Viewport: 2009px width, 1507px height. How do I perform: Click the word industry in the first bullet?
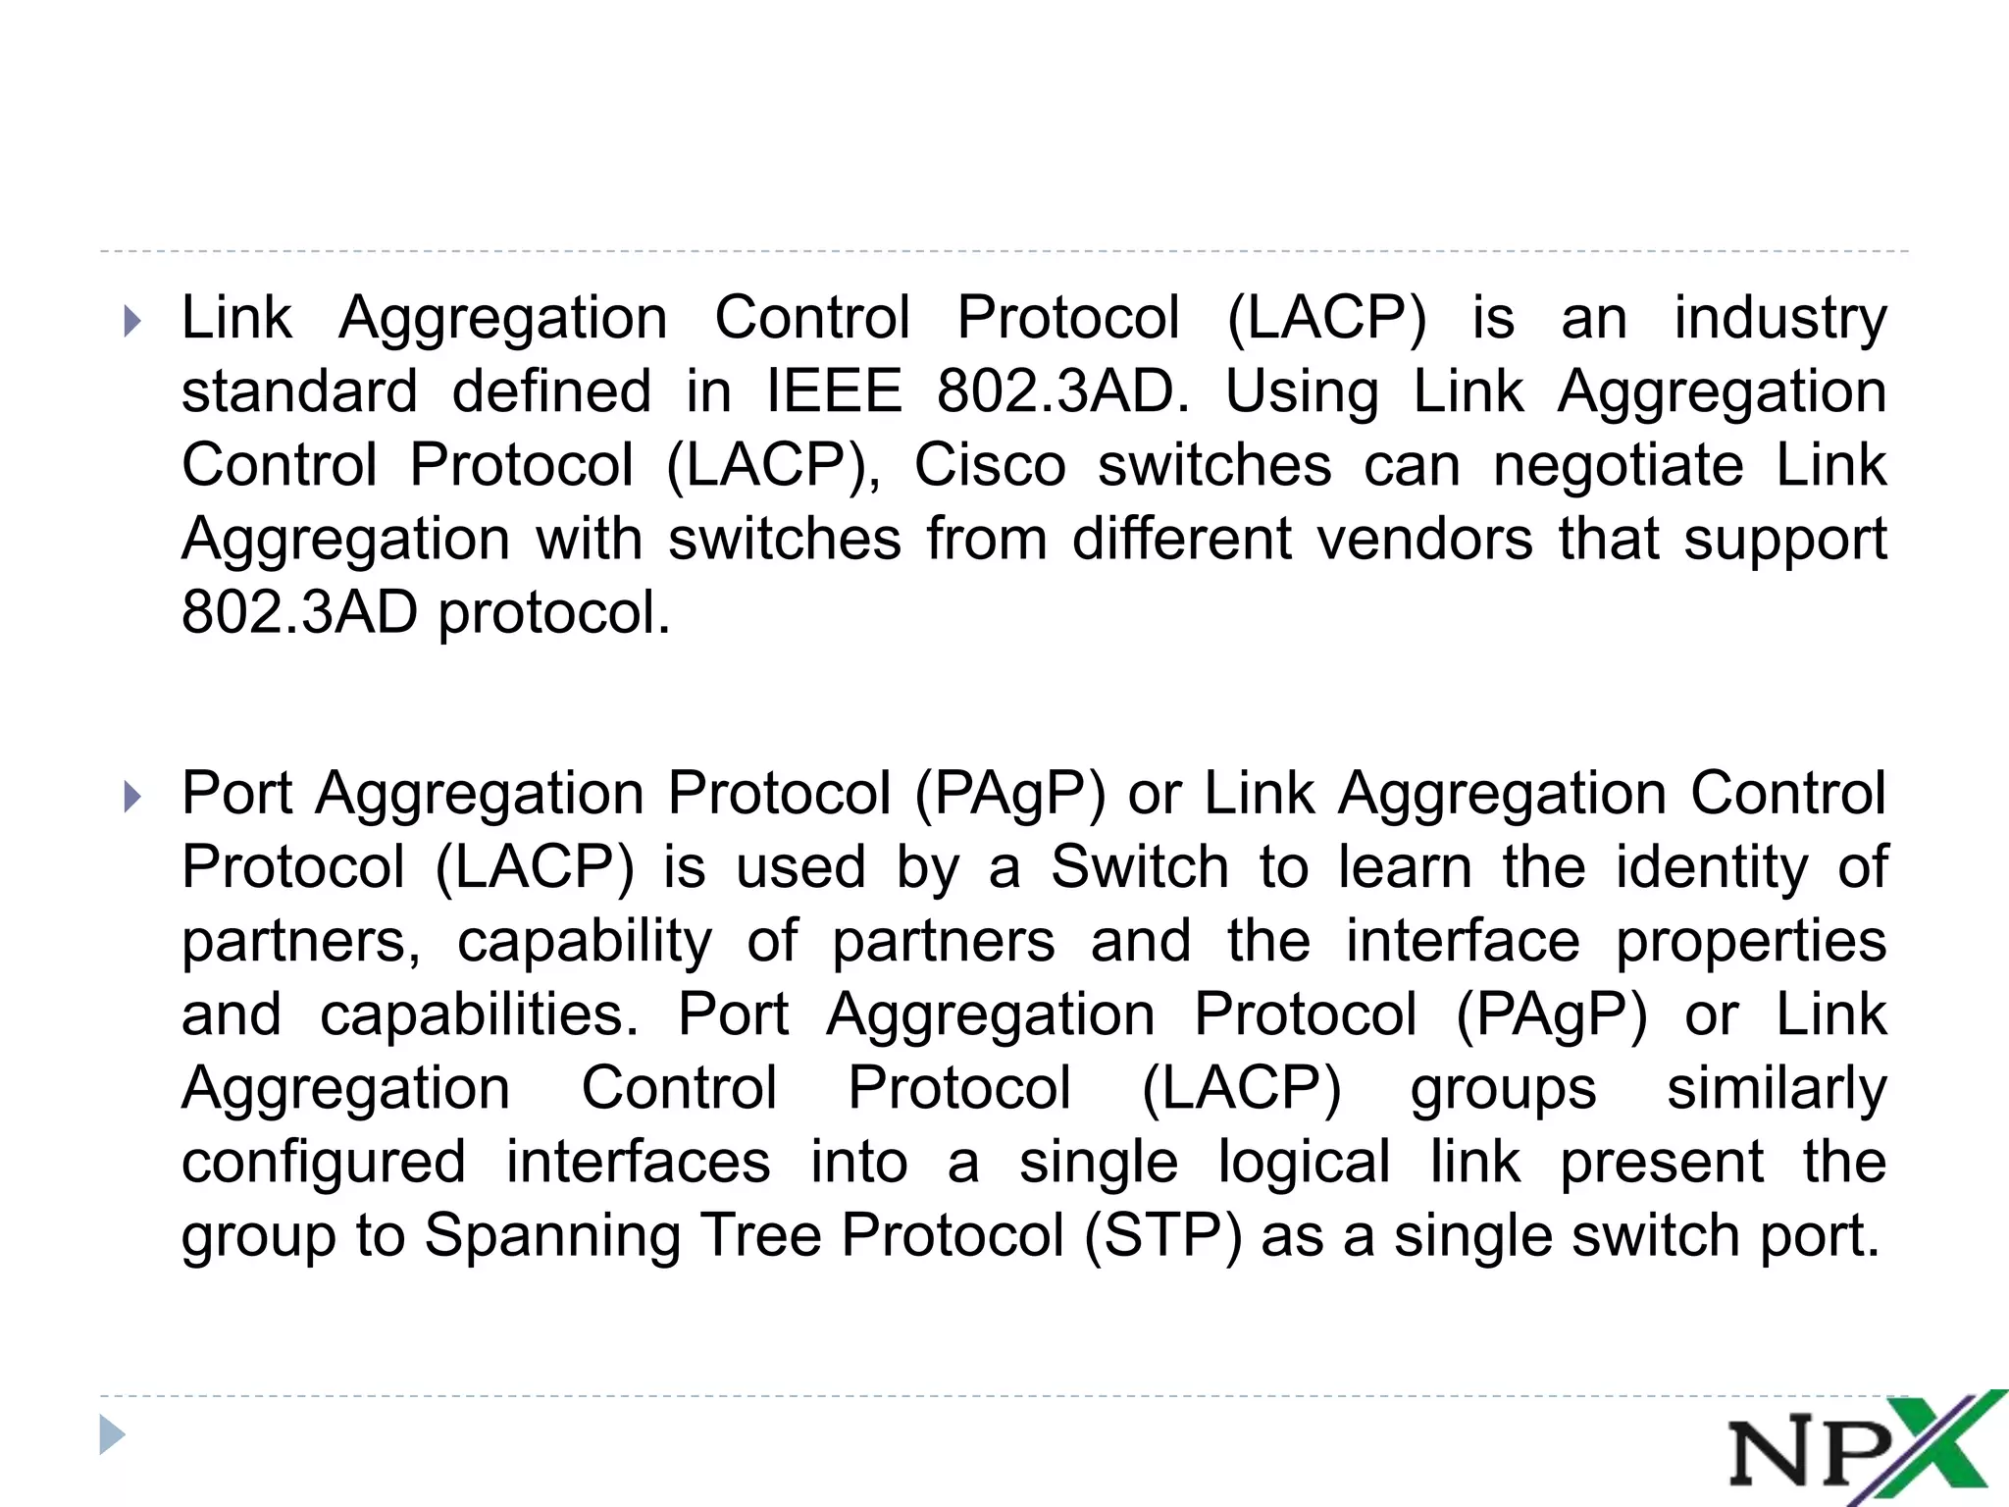[x=1779, y=319]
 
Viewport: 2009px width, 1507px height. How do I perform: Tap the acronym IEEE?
[x=834, y=391]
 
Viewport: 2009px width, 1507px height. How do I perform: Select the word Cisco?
[x=989, y=465]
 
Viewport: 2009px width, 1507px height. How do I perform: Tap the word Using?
[x=1301, y=392]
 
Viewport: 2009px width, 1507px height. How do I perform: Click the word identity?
[x=1711, y=867]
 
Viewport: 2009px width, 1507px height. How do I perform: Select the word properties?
[x=1751, y=941]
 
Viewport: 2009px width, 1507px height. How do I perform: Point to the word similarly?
[x=1777, y=1088]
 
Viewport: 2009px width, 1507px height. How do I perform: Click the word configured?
[x=324, y=1163]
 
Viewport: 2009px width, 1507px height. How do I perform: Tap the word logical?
[x=1304, y=1163]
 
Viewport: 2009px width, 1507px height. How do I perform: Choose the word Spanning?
[x=552, y=1235]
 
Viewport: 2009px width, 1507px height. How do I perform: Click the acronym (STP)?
[x=1162, y=1235]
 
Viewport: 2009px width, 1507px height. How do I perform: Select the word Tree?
[x=761, y=1235]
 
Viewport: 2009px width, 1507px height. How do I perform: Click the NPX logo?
[x=1864, y=1449]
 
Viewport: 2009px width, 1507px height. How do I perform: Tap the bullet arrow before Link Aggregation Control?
[x=133, y=321]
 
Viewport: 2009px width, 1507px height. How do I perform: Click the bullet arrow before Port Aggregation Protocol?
[x=133, y=796]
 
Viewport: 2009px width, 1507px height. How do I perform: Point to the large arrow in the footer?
[x=113, y=1435]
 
